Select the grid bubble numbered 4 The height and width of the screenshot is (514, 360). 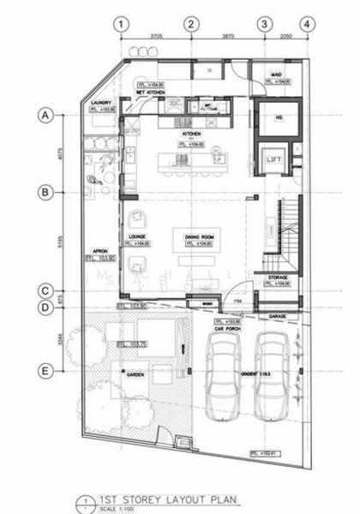pos(306,24)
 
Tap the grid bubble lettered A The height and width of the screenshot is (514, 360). pos(47,114)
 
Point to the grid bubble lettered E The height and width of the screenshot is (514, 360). pos(47,370)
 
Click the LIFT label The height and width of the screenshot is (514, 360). pos(275,159)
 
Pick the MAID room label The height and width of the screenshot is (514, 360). pos(276,75)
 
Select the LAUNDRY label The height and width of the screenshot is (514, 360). pos(103,102)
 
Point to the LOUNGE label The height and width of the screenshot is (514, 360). pos(138,236)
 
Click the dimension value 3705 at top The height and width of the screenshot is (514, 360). pos(156,36)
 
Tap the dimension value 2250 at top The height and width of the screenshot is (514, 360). pos(285,36)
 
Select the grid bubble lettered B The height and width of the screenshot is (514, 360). pos(47,193)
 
